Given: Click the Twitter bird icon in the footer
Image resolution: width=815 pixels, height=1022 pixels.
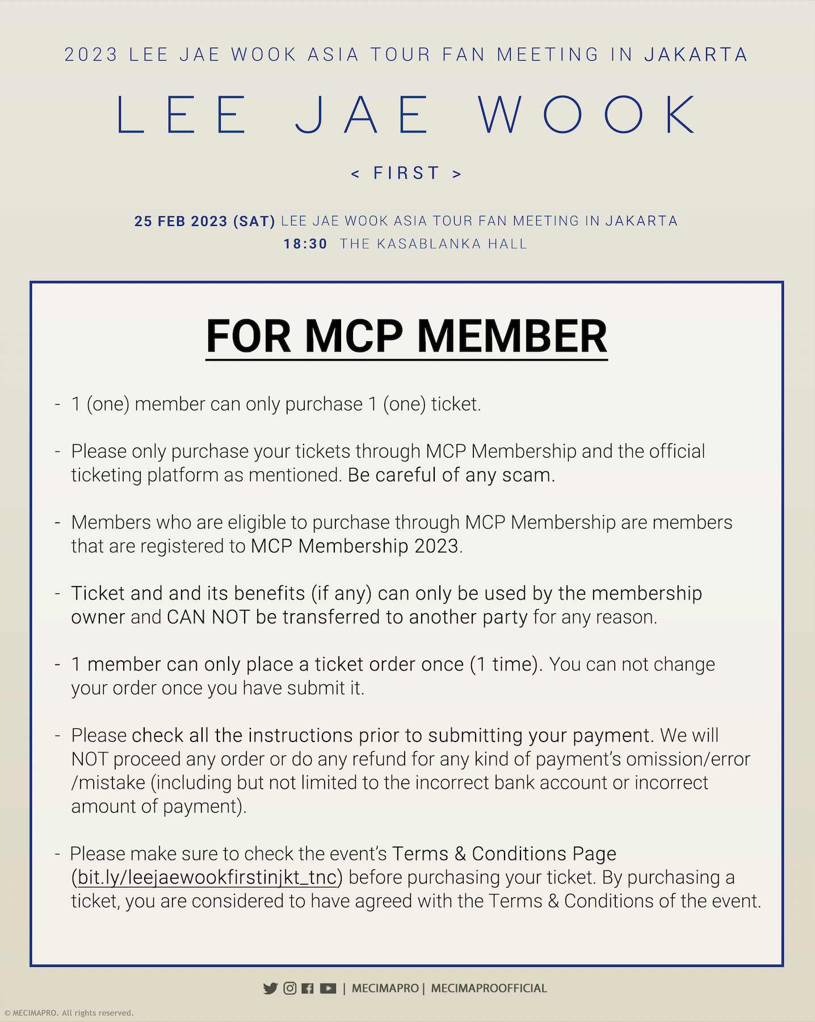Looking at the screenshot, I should (270, 989).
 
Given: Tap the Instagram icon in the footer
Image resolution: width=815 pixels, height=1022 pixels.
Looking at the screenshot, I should (289, 989).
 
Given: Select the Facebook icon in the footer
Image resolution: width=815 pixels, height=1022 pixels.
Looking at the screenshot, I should (308, 989).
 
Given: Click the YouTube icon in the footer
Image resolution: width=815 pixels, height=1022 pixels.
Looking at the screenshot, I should (328, 989).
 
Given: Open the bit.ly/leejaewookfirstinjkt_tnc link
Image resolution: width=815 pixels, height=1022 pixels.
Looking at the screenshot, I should (207, 878).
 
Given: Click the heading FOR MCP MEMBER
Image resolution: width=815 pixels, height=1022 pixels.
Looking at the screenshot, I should (406, 336).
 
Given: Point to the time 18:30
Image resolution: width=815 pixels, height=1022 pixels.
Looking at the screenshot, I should (305, 244).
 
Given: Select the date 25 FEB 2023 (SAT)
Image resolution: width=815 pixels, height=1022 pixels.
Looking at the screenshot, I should (205, 221).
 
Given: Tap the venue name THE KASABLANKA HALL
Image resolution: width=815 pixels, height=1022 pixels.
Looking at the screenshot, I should (434, 244).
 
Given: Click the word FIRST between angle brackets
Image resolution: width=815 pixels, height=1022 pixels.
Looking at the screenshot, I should (406, 173).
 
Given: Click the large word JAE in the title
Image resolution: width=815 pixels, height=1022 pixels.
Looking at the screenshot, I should (362, 115).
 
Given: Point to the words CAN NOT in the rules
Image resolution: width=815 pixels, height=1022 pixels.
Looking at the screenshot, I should (208, 617).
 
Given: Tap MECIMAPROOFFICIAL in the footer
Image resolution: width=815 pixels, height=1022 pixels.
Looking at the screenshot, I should (489, 989).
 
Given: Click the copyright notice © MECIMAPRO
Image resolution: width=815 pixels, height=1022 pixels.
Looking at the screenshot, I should (68, 1013).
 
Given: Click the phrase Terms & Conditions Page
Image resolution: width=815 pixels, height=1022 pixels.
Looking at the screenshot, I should (504, 854).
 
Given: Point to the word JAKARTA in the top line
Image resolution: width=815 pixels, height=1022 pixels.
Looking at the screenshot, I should (696, 55).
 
